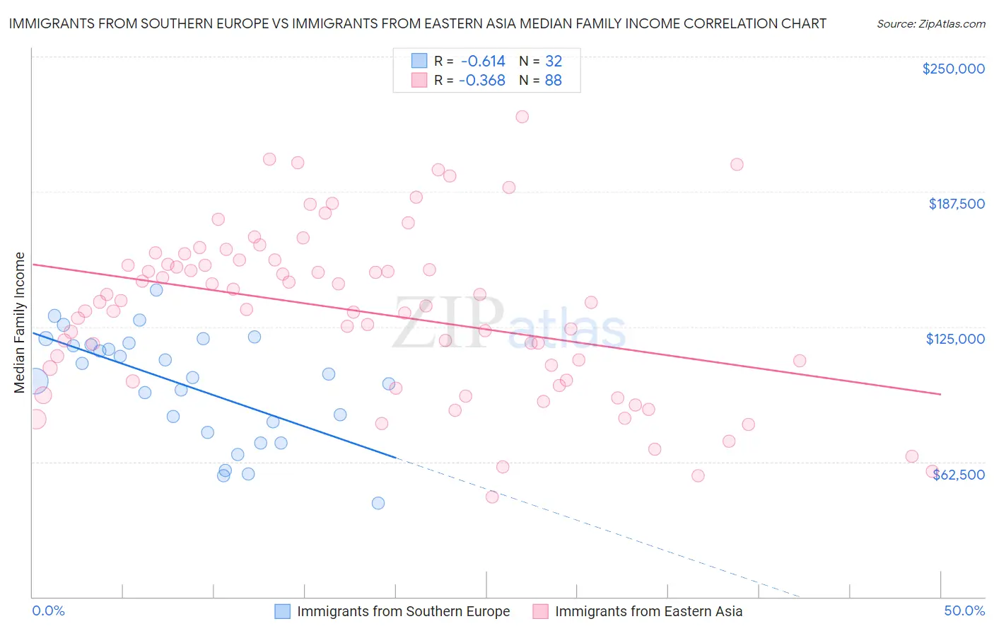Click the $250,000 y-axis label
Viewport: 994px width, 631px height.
pos(953,69)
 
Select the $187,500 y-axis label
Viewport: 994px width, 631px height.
pos(957,204)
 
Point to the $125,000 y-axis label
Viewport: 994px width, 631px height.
pos(955,339)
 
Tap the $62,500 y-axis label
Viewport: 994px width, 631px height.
pos(959,475)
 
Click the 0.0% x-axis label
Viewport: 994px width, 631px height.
pos(48,611)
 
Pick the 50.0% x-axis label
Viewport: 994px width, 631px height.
pos(964,611)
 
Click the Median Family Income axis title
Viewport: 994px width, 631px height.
pos(20,323)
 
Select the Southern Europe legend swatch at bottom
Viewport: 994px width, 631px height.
pos(283,611)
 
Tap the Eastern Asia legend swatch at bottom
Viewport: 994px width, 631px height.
pos(541,611)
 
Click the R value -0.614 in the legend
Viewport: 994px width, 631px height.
pos(482,62)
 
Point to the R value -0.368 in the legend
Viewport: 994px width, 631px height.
pos(482,81)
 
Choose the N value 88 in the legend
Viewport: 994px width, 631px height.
pos(553,81)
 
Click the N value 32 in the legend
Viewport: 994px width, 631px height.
pos(553,62)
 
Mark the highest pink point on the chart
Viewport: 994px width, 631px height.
pos(522,117)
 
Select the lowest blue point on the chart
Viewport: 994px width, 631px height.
pos(378,503)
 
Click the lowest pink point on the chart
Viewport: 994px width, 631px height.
pos(492,497)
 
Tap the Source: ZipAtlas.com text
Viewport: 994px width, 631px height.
pos(930,24)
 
